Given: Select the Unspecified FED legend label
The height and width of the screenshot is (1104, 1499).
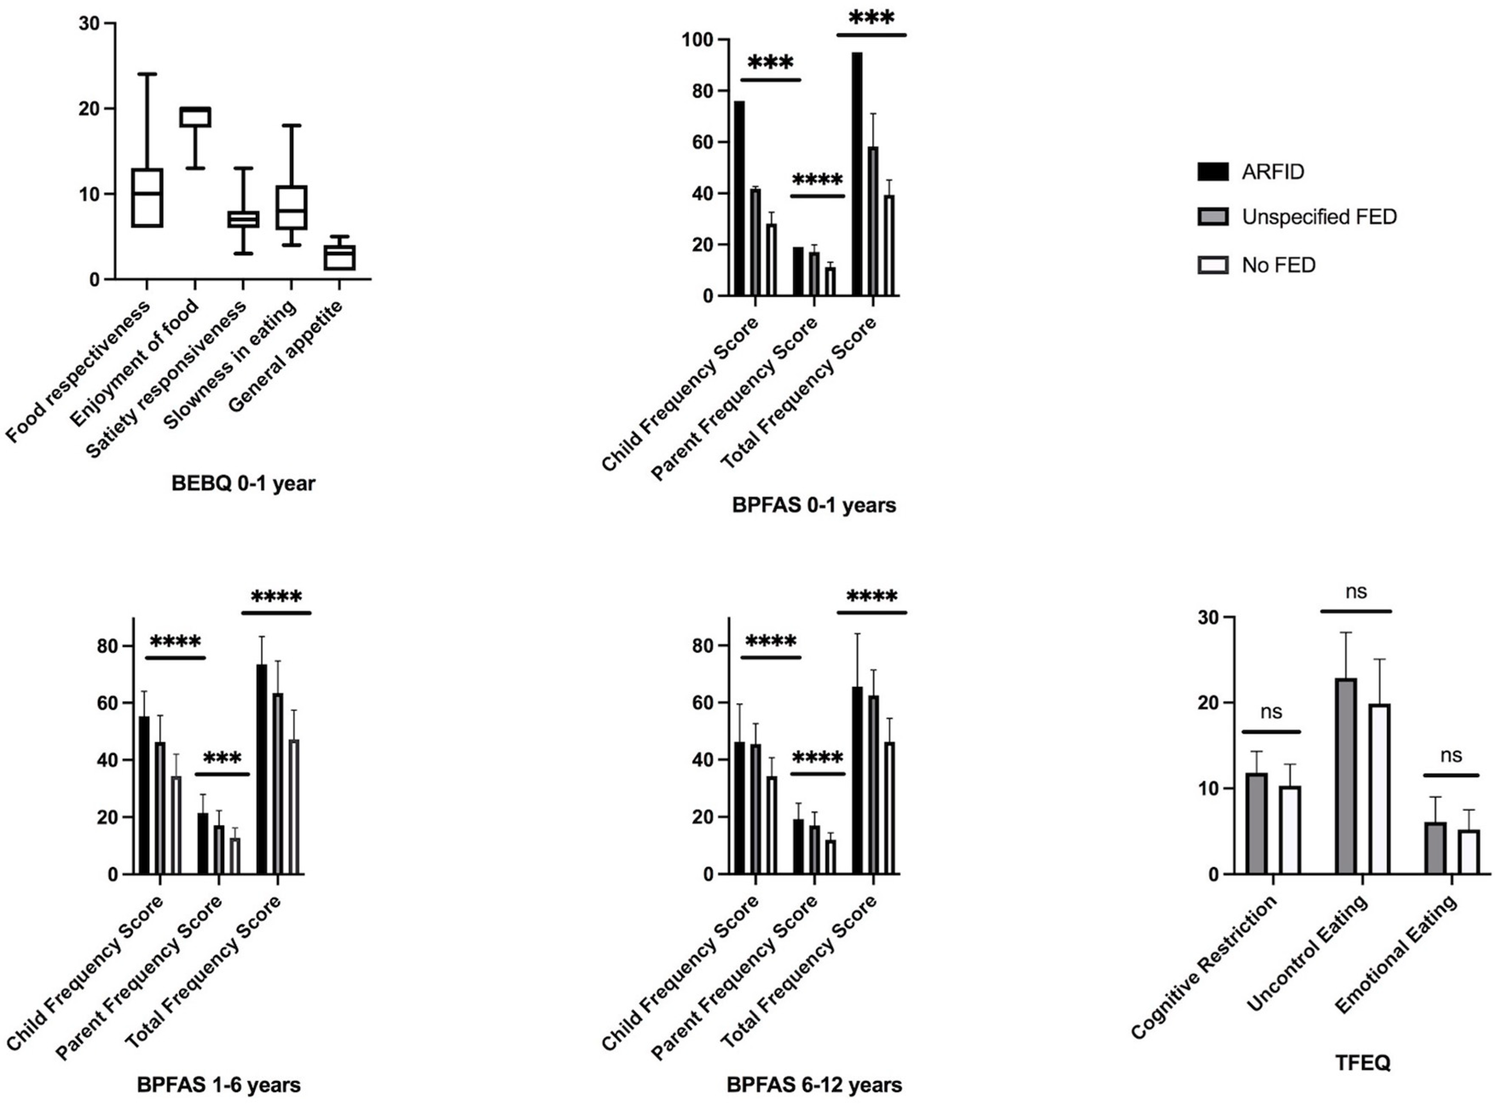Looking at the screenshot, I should [x=1319, y=216].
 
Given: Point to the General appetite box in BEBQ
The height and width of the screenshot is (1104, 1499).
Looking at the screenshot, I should [x=340, y=257].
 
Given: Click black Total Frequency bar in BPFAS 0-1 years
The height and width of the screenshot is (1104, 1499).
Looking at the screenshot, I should [x=857, y=174].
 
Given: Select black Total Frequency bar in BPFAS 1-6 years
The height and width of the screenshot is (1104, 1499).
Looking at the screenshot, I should [x=261, y=769].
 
